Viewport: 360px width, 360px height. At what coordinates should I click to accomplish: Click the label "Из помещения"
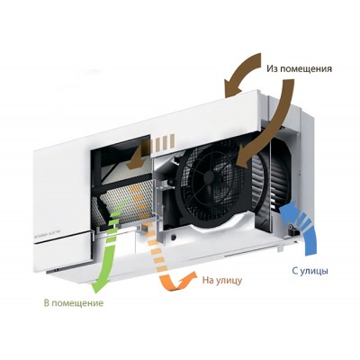click(299, 69)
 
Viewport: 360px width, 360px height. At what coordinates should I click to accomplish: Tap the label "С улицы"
click(310, 271)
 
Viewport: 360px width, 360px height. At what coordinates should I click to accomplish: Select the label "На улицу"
click(222, 281)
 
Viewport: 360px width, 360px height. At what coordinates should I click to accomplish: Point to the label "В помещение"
click(74, 302)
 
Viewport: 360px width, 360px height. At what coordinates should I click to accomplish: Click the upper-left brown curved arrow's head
click(231, 87)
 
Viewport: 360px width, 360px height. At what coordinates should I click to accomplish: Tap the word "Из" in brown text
click(272, 68)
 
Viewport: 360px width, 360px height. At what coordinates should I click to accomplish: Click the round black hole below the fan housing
click(174, 238)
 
